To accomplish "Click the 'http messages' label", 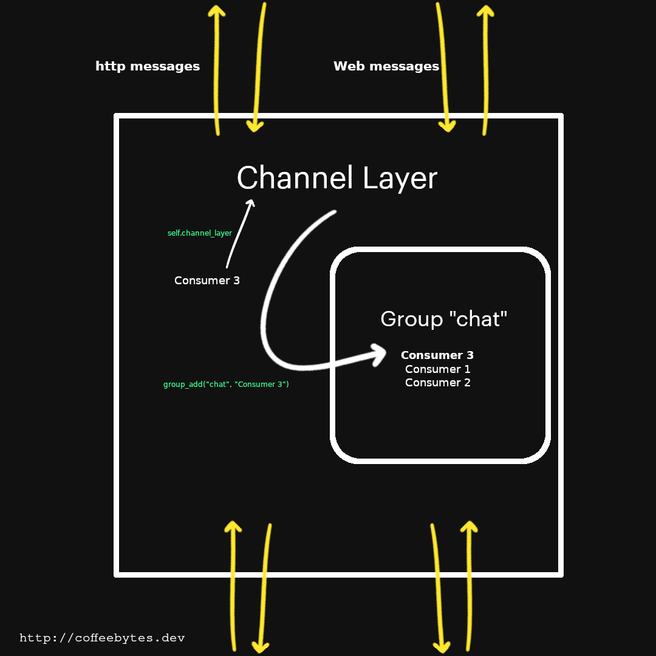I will tap(148, 66).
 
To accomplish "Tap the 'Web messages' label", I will tap(386, 66).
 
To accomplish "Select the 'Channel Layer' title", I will tap(337, 179).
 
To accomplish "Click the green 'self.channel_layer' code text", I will tap(200, 233).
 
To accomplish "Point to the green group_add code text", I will tap(226, 384).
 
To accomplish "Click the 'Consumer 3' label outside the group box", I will tap(207, 281).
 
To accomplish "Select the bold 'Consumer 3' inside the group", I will tap(437, 355).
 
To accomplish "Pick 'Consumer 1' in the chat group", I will tap(437, 369).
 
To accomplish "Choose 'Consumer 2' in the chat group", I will tap(437, 383).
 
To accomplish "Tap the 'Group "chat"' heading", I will tap(443, 319).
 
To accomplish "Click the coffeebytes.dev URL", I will tap(102, 638).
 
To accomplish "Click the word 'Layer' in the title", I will tap(400, 179).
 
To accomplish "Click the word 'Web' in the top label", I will tap(348, 66).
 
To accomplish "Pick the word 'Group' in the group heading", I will tap(411, 319).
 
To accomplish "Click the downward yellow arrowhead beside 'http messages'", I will tap(255, 126).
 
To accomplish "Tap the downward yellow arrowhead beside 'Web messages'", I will tap(448, 126).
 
